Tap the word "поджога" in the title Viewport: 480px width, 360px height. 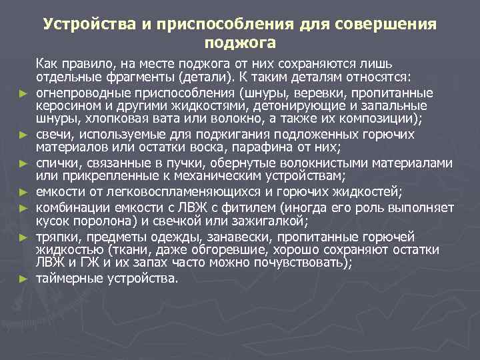click(x=240, y=43)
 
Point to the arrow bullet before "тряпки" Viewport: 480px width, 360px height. click(x=23, y=237)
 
